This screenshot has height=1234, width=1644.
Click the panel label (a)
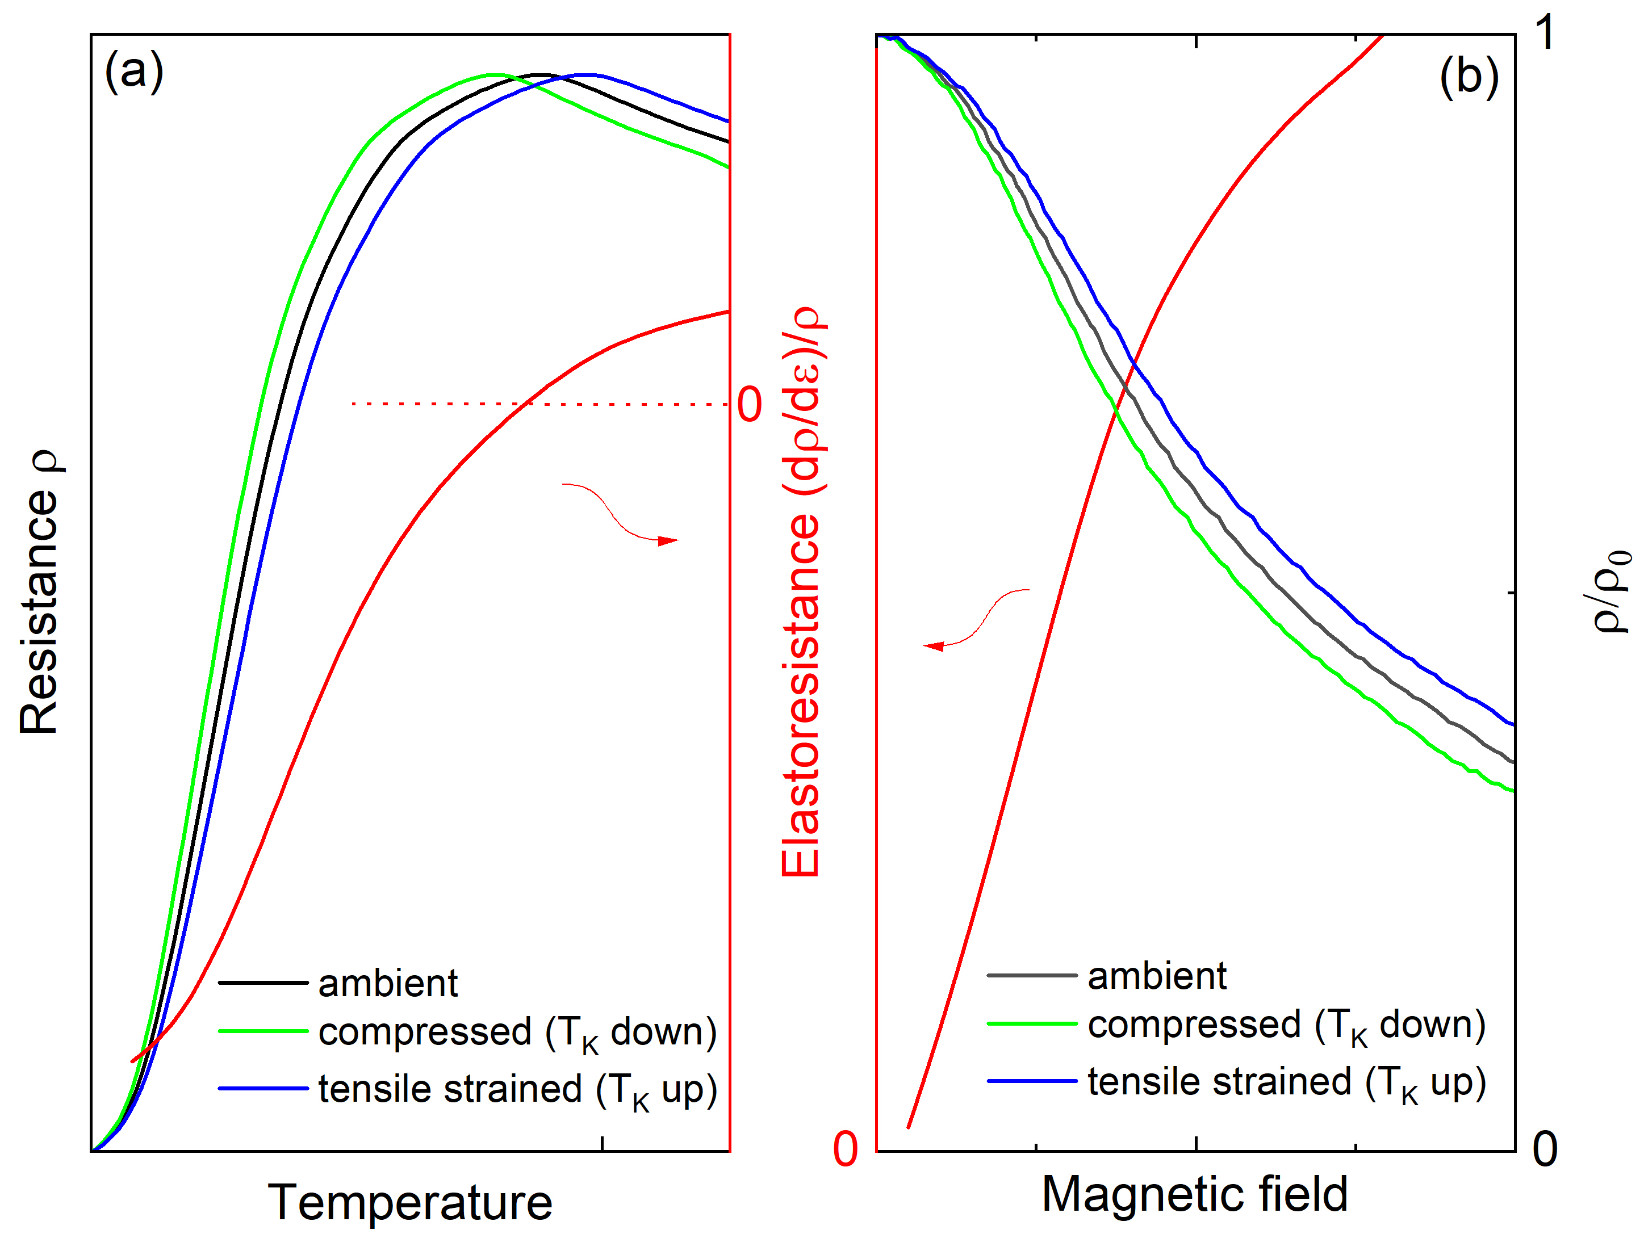(x=134, y=72)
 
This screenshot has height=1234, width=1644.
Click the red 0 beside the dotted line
(x=749, y=405)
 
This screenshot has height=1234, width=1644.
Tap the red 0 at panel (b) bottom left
(x=845, y=1149)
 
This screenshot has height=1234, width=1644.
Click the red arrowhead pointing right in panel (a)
(x=669, y=540)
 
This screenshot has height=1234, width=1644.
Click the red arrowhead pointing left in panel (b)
(x=934, y=645)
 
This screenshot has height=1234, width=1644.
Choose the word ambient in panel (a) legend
(x=388, y=983)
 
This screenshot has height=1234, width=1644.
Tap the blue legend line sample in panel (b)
(x=1032, y=1081)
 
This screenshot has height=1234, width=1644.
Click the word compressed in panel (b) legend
(x=1194, y=1025)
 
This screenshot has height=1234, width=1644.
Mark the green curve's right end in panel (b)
(x=1512, y=791)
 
